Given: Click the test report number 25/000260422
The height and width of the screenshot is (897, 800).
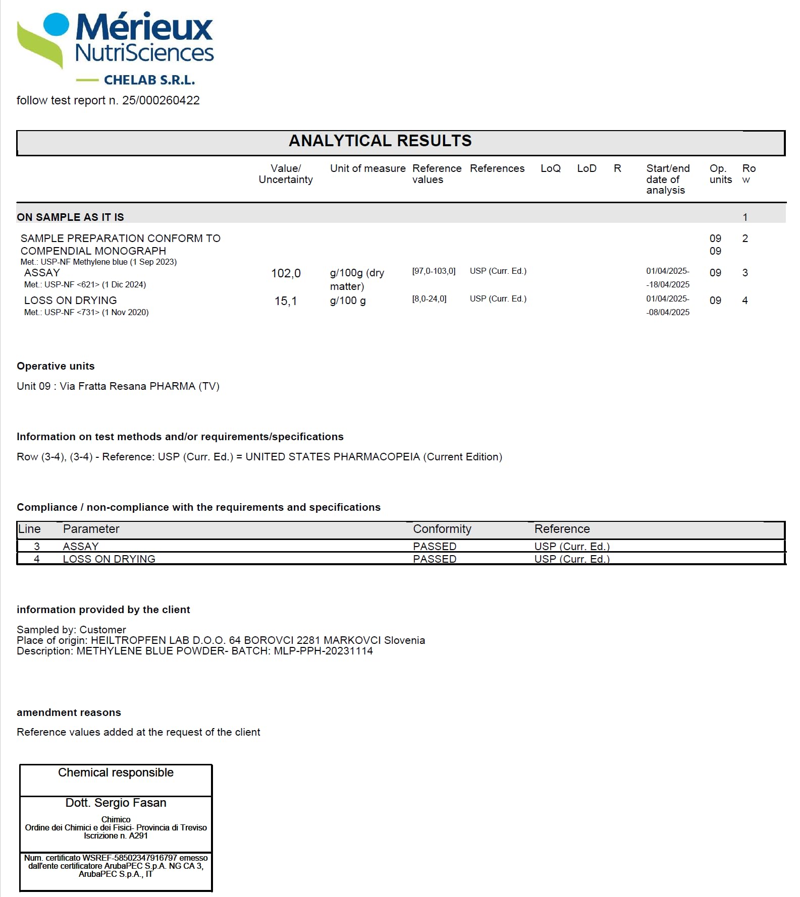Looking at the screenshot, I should click(x=161, y=100).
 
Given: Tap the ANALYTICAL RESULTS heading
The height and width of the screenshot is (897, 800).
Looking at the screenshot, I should click(x=380, y=141).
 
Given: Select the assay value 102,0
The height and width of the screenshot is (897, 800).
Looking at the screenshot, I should click(x=286, y=273).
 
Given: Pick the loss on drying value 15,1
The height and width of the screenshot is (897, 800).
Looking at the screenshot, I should click(x=286, y=301).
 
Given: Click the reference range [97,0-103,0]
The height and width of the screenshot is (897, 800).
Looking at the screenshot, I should click(x=434, y=271).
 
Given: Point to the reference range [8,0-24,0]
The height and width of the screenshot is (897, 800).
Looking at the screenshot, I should click(x=429, y=299).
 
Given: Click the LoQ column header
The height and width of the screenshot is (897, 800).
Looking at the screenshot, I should click(x=550, y=168).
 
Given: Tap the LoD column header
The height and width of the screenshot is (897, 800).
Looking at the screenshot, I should click(x=586, y=168).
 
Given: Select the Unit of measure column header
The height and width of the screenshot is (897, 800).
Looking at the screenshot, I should click(x=367, y=168).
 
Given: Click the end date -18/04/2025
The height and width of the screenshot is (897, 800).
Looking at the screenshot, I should click(x=668, y=284).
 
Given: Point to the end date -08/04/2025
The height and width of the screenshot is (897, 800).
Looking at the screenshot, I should click(x=668, y=312).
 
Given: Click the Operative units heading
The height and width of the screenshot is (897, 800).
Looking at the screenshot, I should click(x=56, y=366).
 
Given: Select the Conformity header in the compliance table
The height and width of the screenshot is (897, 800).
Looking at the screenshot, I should click(x=442, y=529).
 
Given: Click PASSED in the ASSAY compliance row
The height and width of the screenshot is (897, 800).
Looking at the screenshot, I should click(x=435, y=547).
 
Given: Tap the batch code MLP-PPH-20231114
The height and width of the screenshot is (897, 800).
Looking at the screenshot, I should click(x=323, y=651).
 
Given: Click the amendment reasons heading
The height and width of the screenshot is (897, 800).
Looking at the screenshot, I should click(x=69, y=712).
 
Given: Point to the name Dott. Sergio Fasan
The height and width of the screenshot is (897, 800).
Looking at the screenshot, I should click(x=116, y=803).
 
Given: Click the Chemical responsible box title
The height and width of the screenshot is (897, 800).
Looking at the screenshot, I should click(x=116, y=772).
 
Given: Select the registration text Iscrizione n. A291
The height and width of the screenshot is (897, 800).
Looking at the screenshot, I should click(x=116, y=835).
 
